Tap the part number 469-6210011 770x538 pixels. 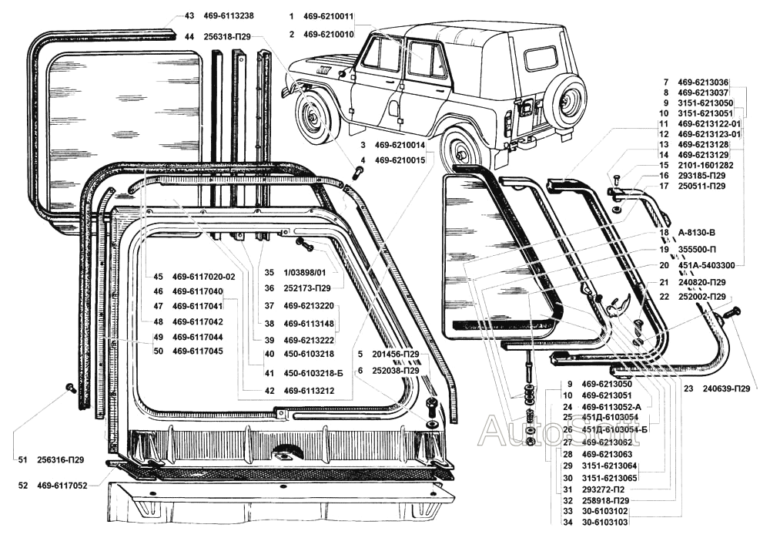click(329, 16)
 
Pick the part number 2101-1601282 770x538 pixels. click(705, 165)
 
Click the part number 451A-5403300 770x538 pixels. click(705, 265)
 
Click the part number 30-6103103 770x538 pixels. click(606, 523)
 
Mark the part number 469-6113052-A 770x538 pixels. click(611, 406)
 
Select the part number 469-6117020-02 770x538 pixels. click(204, 276)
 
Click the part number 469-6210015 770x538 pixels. click(400, 160)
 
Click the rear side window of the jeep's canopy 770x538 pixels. click(540, 58)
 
